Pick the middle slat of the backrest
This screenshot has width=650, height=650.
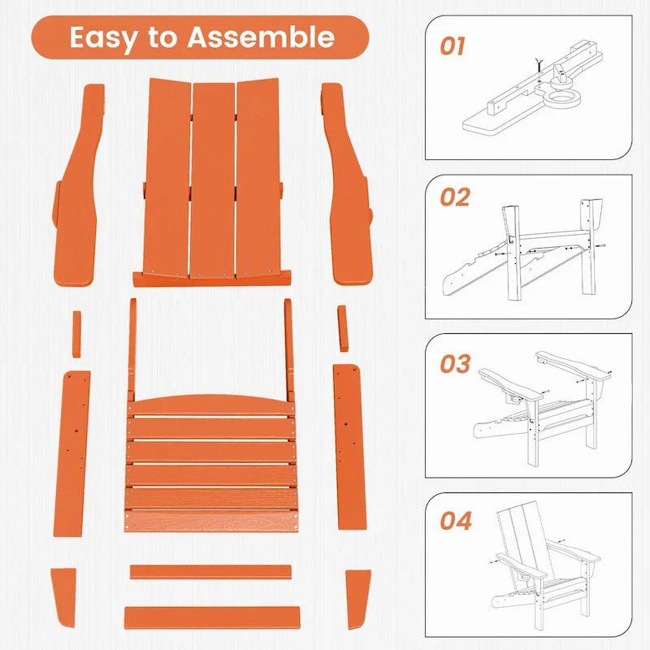point(213,179)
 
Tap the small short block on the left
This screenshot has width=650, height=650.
point(76,332)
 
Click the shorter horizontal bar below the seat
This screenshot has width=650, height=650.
point(210,572)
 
